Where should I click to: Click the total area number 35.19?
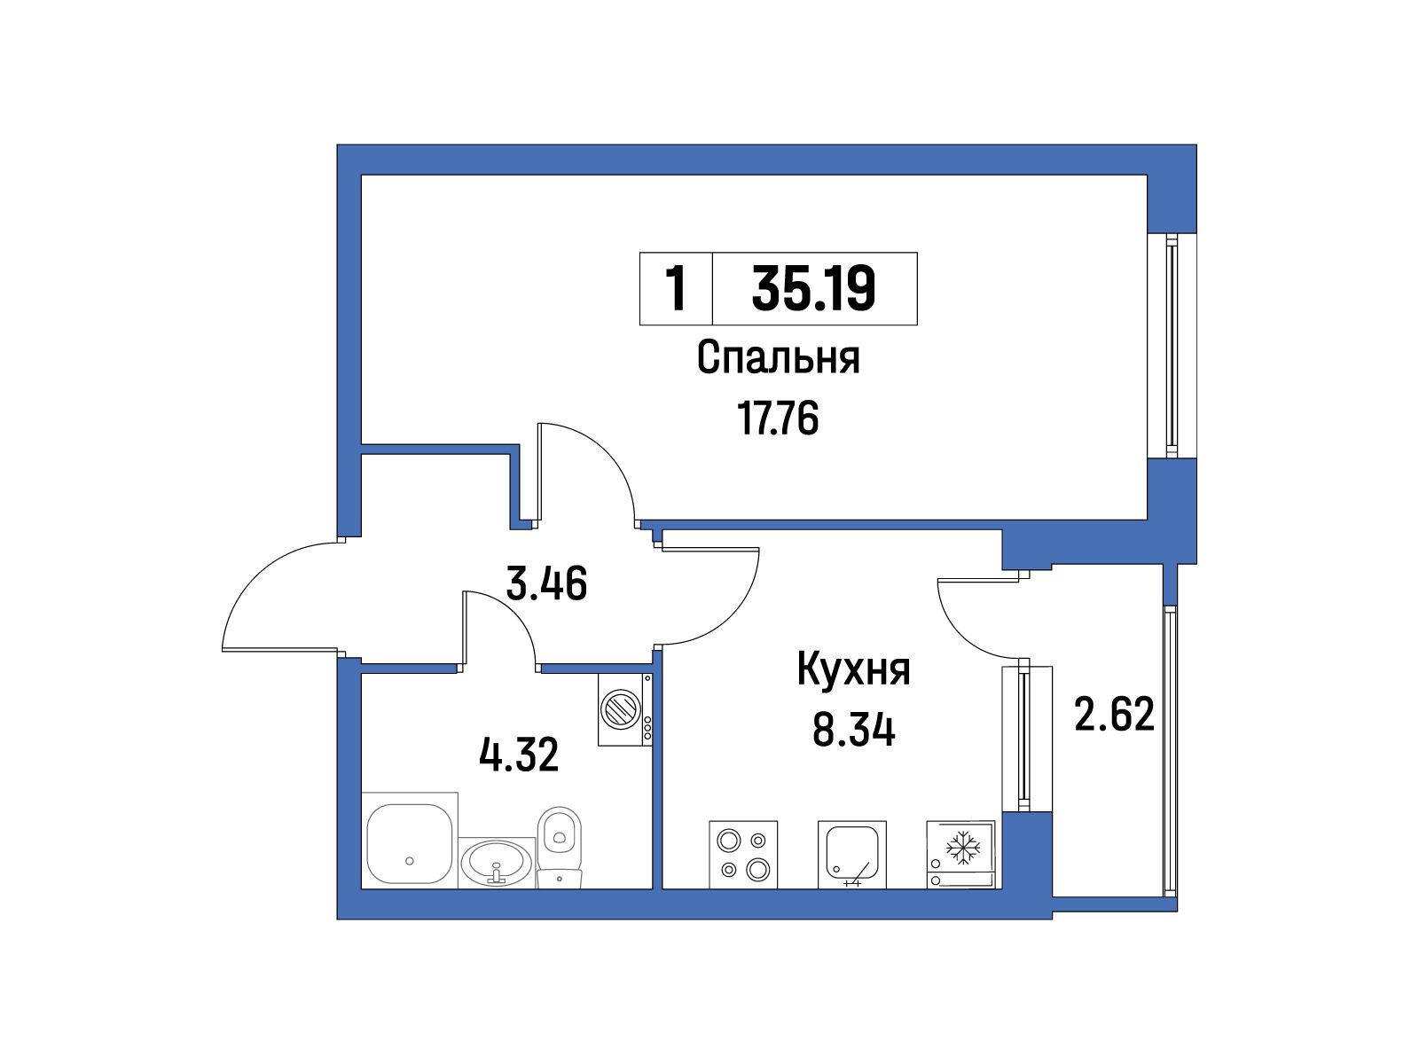pos(813,288)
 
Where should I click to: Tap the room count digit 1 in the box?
pos(676,289)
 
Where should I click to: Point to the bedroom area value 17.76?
pos(778,418)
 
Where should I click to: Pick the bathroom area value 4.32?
pos(519,755)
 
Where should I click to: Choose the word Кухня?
pos(853,669)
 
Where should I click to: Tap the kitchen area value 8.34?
pos(853,730)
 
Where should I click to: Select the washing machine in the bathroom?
pos(624,709)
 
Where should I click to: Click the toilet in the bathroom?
pos(560,847)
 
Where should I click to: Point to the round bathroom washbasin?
pos(497,863)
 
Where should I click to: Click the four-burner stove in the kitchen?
pos(743,854)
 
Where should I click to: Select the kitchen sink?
pos(852,854)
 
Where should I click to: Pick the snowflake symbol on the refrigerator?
pos(963,847)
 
